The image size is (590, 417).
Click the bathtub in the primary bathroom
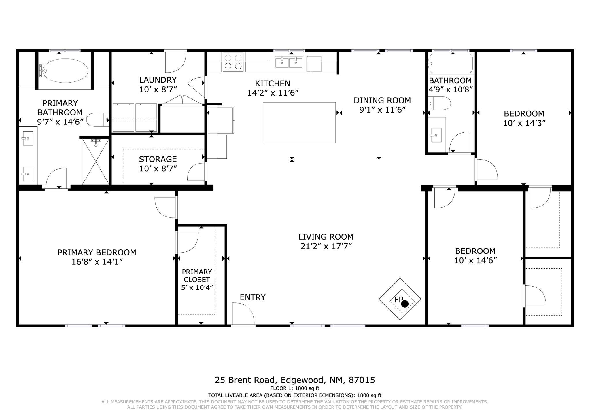click(x=64, y=71)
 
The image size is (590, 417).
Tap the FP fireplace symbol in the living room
click(x=400, y=299)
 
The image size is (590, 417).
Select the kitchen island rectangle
click(x=299, y=122)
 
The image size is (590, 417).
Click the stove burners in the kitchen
click(x=233, y=62)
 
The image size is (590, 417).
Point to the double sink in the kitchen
click(x=289, y=62)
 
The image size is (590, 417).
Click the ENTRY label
click(x=253, y=297)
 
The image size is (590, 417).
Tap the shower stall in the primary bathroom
click(x=96, y=161)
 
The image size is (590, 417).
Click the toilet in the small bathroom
click(x=439, y=103)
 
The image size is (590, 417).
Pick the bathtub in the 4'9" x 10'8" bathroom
click(x=451, y=63)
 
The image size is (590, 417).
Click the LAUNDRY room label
click(x=158, y=80)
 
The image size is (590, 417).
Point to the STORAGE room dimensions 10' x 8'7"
click(x=158, y=168)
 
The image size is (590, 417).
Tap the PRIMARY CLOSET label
click(x=197, y=276)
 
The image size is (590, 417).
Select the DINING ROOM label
click(x=382, y=100)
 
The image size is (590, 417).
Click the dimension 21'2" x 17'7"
click(x=326, y=246)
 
